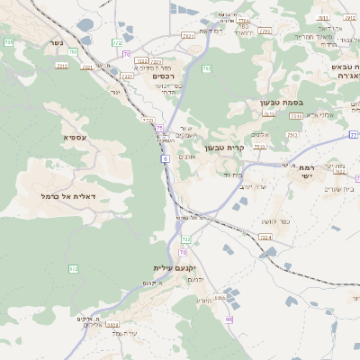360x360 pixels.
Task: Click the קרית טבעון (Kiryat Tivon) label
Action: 224,148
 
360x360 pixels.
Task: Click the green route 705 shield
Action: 9,42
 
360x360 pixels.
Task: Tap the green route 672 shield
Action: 74,268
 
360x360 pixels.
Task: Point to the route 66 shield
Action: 229,319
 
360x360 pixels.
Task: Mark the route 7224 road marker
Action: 265,237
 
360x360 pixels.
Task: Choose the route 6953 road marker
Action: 111,325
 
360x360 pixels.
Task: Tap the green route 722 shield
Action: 186,239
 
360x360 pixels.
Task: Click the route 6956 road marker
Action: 220,297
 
